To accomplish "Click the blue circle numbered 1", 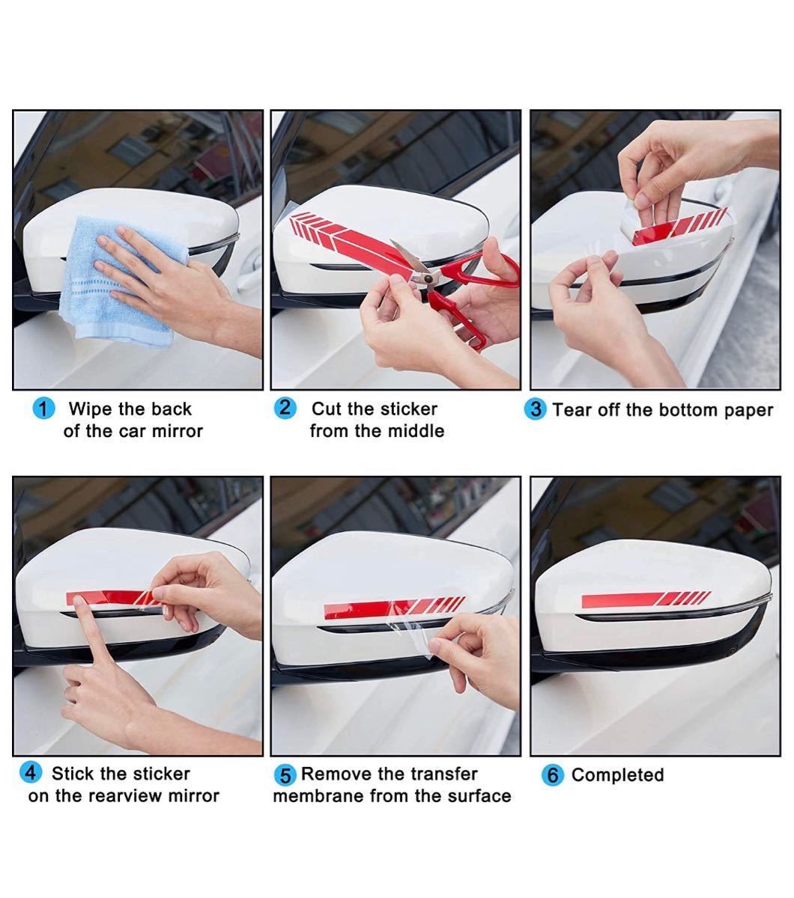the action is click(43, 409).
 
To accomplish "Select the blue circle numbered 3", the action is click(536, 409).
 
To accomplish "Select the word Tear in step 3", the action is click(572, 410).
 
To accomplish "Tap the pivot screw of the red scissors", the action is click(428, 279).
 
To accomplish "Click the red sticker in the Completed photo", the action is click(646, 599).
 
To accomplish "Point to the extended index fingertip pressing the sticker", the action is click(79, 602).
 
